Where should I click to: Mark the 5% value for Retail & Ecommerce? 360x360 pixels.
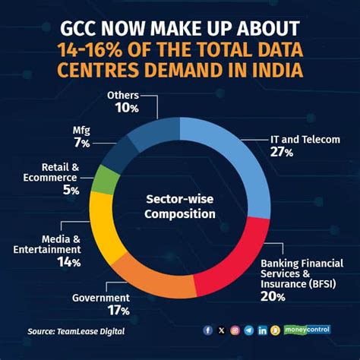(x=71, y=190)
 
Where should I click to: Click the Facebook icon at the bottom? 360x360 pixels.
(x=208, y=330)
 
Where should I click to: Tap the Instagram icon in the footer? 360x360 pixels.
(x=235, y=330)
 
